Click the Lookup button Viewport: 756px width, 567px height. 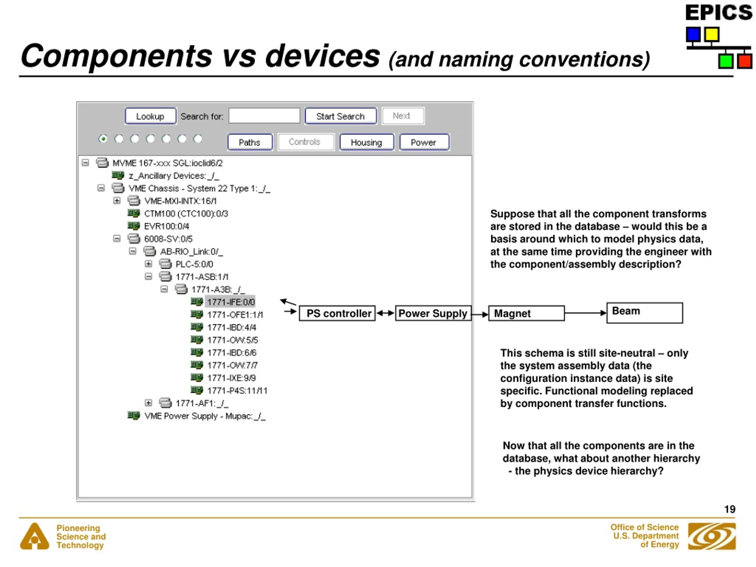tap(150, 116)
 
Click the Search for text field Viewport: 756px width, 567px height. tap(264, 116)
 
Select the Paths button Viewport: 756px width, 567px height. tap(250, 142)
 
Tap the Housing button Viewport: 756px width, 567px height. tap(366, 142)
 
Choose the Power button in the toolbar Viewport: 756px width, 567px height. tap(423, 142)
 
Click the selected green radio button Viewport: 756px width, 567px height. tap(103, 139)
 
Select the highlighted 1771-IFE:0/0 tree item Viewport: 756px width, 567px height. tap(231, 302)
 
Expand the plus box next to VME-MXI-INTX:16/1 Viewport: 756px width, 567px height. tap(117, 201)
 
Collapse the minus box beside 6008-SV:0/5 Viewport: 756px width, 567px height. tap(117, 239)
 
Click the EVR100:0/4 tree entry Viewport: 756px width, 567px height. tap(167, 226)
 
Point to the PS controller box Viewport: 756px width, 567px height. tap(337, 313)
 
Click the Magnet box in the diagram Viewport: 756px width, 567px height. tap(526, 313)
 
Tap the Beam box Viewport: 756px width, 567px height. tap(644, 313)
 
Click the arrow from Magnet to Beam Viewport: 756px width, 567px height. tap(585, 313)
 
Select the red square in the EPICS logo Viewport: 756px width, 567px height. tap(744, 61)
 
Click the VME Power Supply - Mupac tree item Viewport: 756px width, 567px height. tap(204, 416)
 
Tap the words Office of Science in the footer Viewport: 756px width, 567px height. tap(644, 527)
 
